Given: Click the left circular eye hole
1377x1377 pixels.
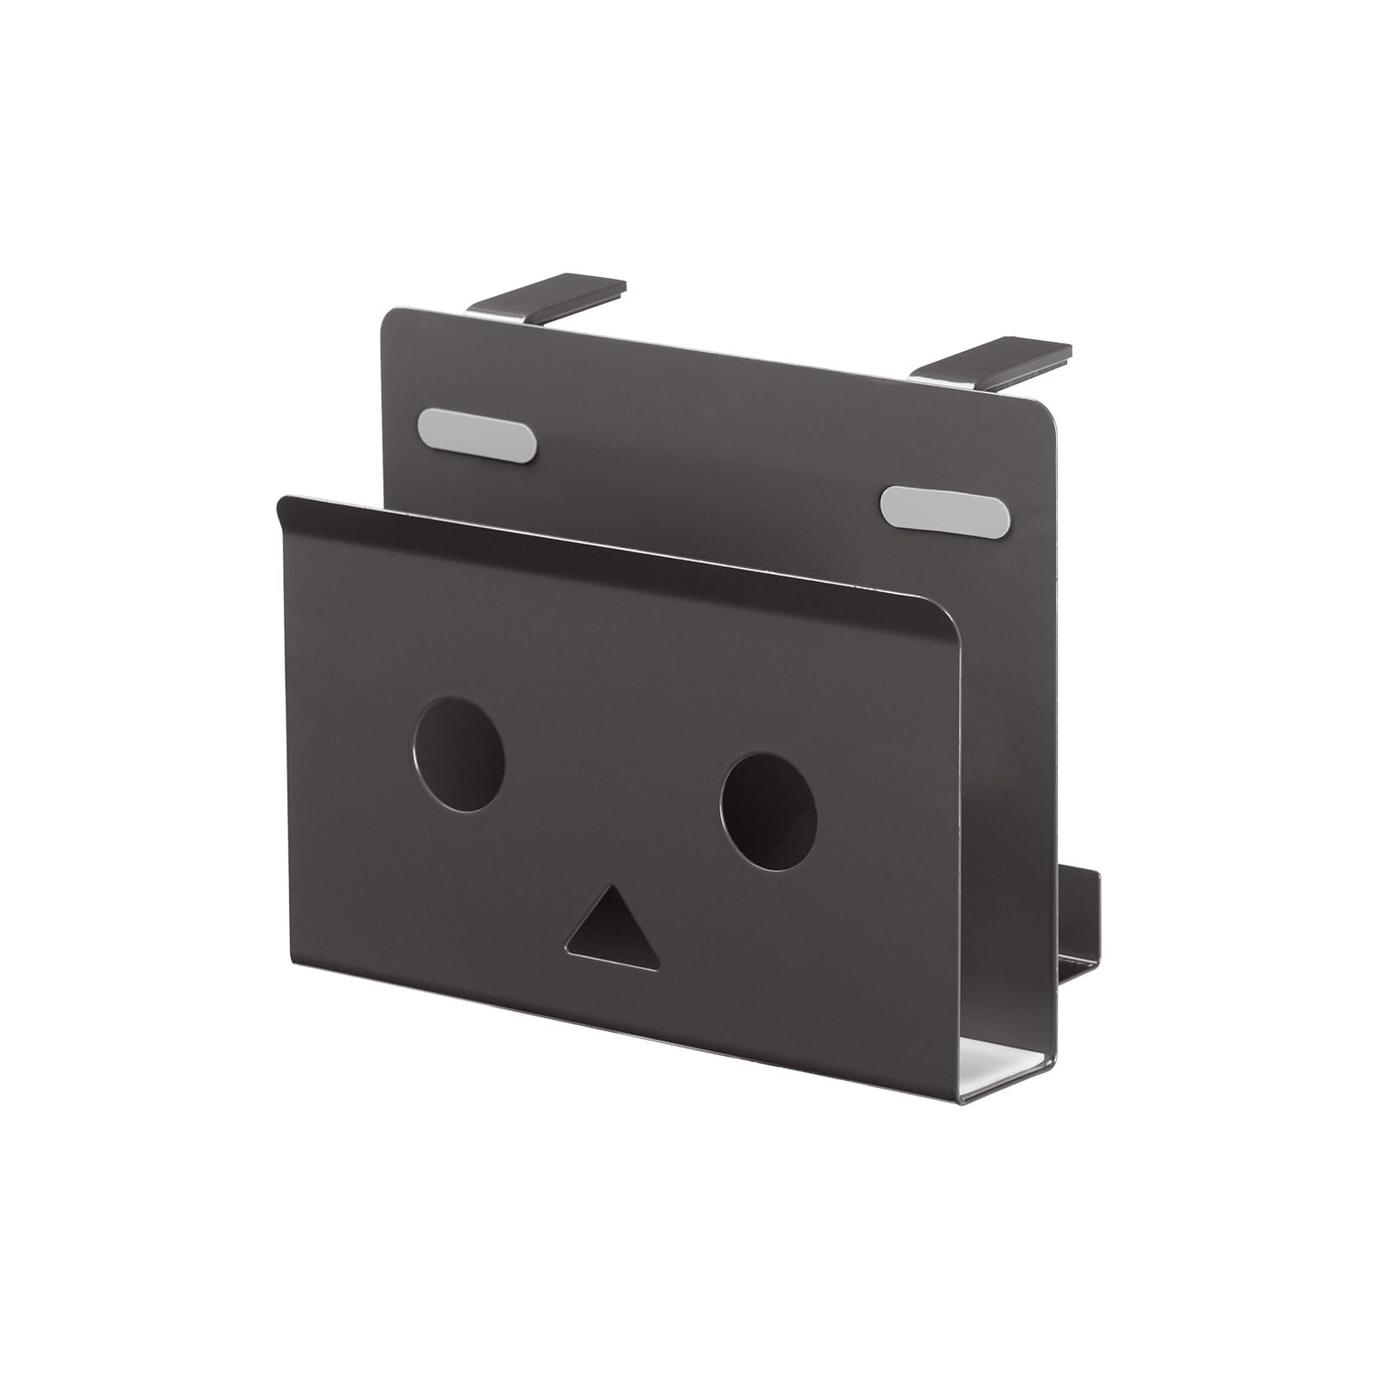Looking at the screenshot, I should pos(459,753).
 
